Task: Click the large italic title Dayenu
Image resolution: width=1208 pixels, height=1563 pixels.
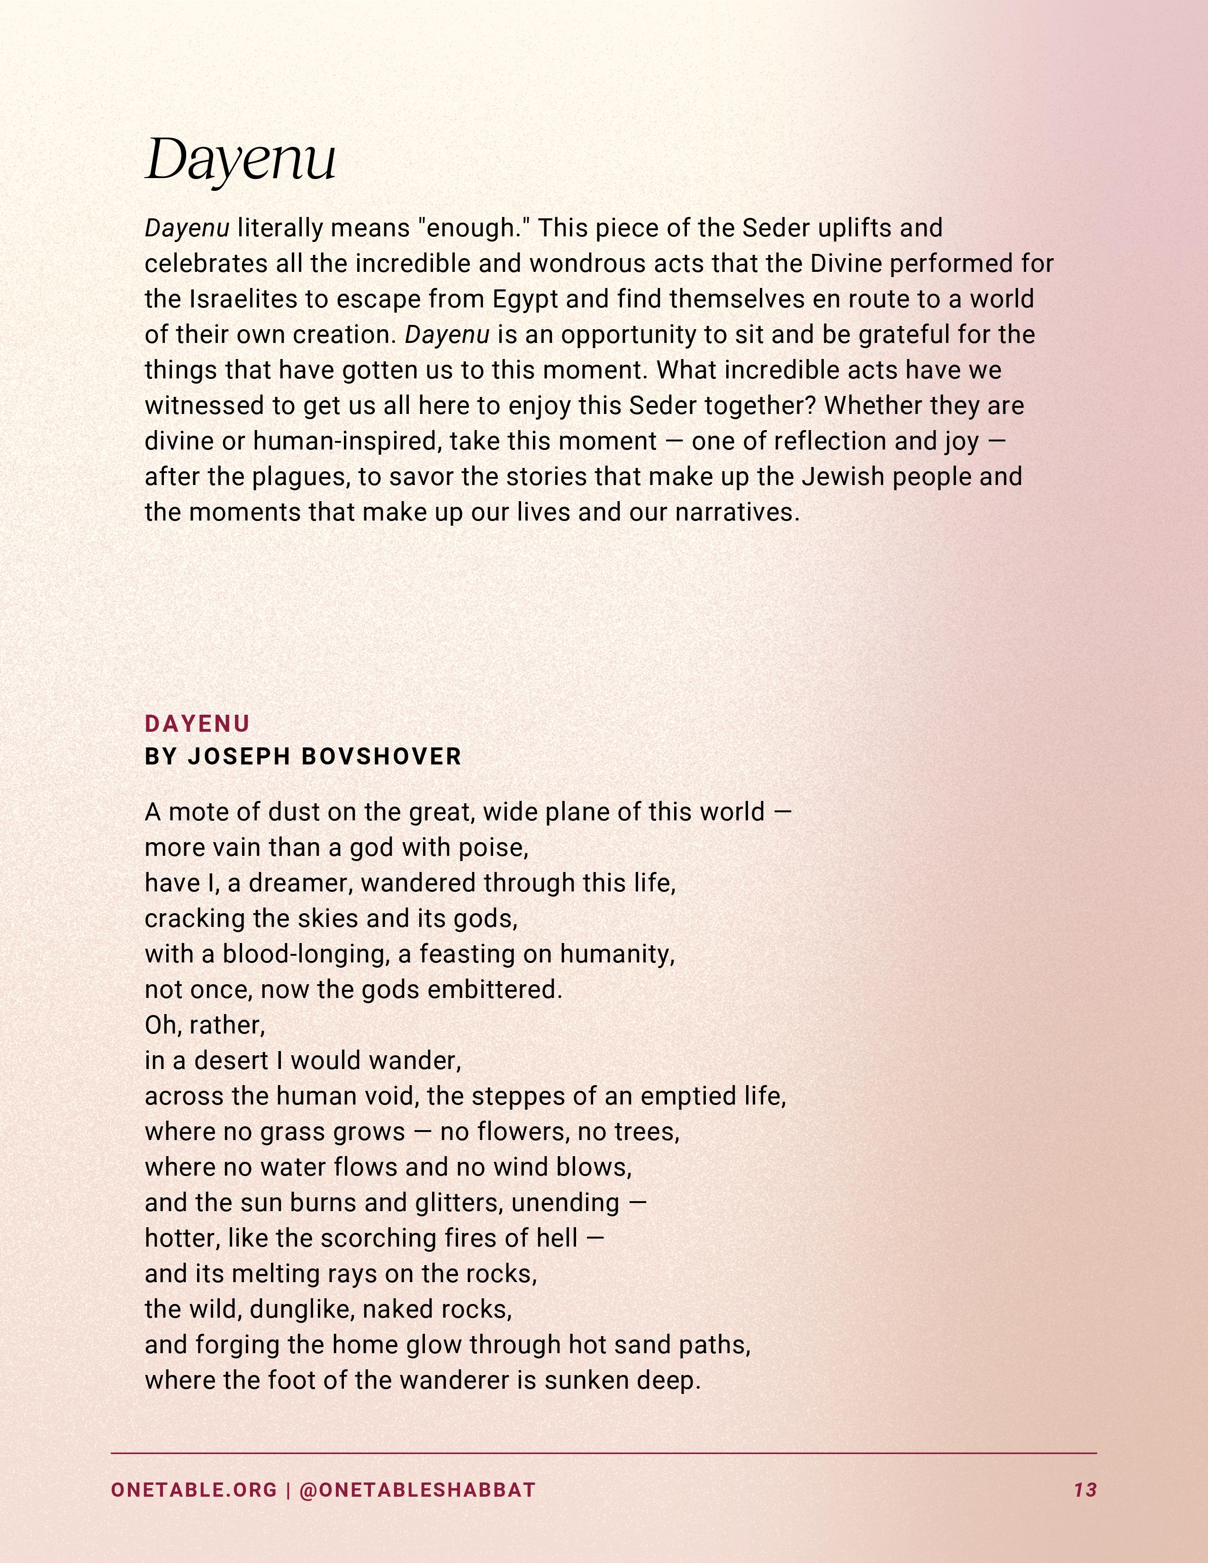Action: (241, 159)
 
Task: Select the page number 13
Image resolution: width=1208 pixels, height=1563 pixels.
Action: (1085, 1490)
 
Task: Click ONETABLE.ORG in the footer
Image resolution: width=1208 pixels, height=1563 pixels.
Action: (193, 1490)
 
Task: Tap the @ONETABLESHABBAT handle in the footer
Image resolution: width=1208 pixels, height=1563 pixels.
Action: (417, 1490)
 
